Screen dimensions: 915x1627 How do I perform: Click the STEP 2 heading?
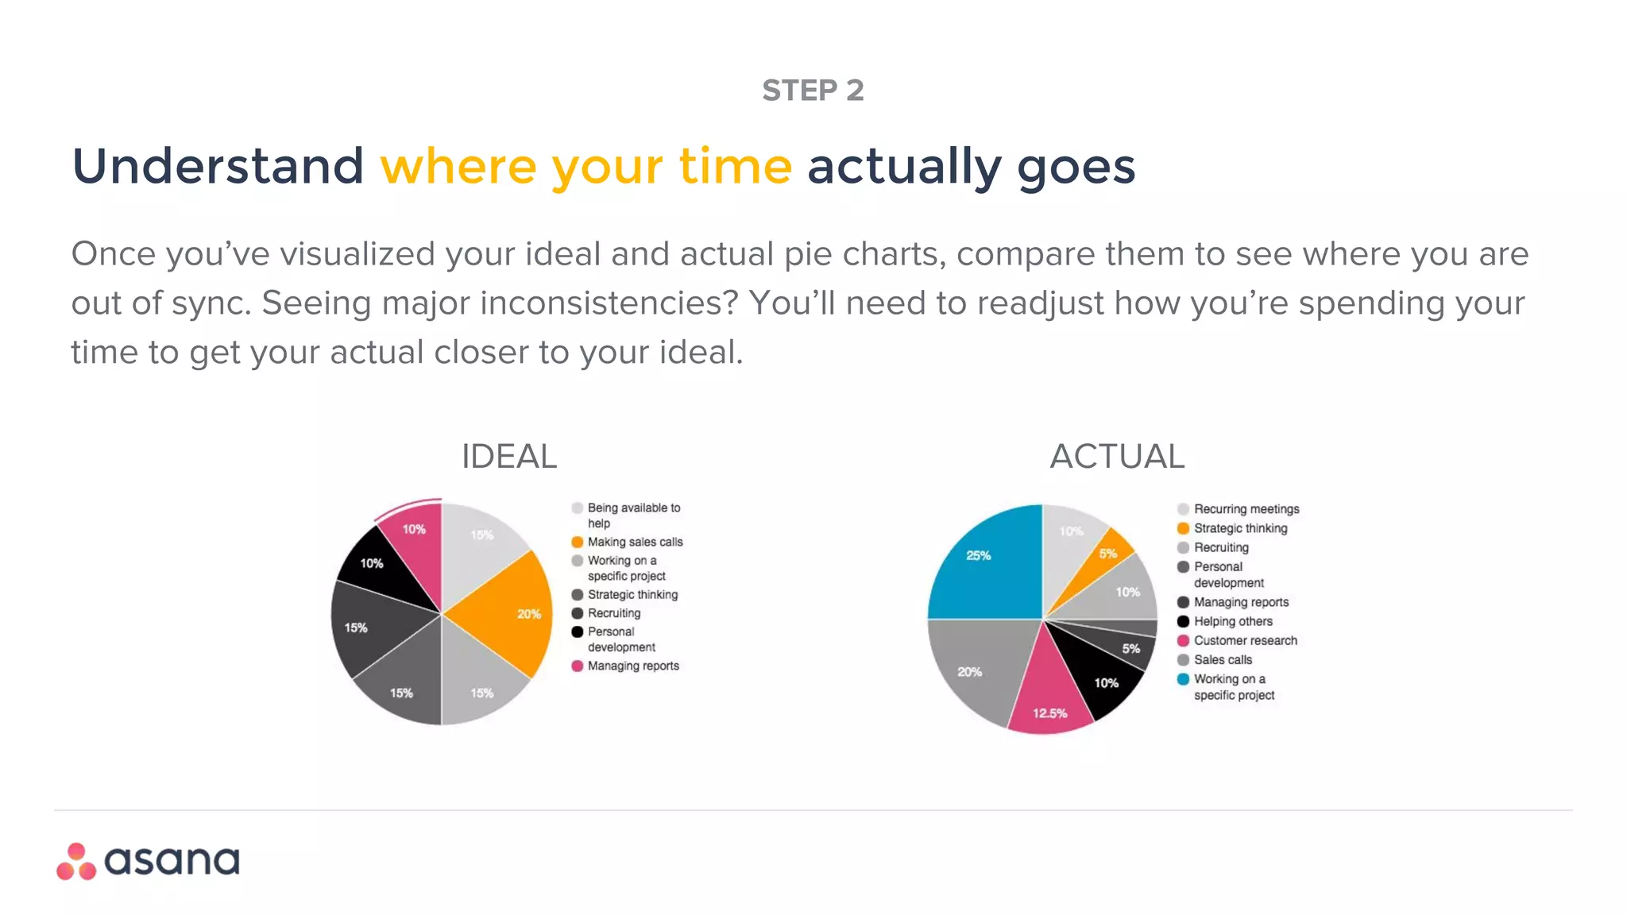tap(813, 91)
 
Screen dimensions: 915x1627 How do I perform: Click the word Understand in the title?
tap(218, 167)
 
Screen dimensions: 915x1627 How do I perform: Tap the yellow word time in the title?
tap(735, 167)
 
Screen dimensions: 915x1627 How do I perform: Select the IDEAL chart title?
tap(509, 457)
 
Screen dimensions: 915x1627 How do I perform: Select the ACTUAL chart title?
tap(1117, 457)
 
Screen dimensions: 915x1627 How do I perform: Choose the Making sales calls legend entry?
tap(635, 542)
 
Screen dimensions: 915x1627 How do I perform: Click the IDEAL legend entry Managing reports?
tap(633, 666)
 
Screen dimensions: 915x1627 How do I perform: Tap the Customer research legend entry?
tap(1245, 641)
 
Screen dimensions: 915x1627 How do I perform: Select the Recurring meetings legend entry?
tap(1246, 509)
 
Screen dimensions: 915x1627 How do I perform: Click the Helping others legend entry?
tap(1233, 622)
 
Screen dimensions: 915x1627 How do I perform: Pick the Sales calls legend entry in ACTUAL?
tap(1223, 660)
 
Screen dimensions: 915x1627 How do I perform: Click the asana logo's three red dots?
tap(76, 863)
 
